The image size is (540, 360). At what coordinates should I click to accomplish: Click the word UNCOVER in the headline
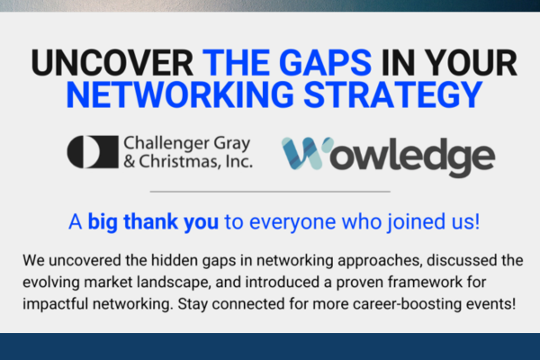coord(112,63)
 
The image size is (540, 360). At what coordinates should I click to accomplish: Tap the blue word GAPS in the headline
coord(325,63)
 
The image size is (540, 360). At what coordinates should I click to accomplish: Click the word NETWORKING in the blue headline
coord(180,94)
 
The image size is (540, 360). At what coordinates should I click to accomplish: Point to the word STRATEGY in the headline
coord(393,94)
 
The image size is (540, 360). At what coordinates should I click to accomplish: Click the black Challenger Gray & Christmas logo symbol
coord(93,152)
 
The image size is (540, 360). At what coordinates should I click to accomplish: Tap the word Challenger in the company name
coord(166,144)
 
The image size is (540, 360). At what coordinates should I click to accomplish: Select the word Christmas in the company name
coord(179,161)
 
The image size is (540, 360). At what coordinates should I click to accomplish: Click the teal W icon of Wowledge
coord(304,153)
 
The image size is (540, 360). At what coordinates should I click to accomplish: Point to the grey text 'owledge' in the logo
coord(412,157)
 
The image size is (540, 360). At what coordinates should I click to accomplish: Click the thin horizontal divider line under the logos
coord(270,191)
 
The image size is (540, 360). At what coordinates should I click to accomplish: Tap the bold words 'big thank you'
coord(153,221)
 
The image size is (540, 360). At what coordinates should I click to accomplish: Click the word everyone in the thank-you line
coord(292,222)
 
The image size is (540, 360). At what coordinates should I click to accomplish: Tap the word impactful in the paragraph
coord(56,304)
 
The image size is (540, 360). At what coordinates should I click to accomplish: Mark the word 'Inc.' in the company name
coord(239,161)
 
